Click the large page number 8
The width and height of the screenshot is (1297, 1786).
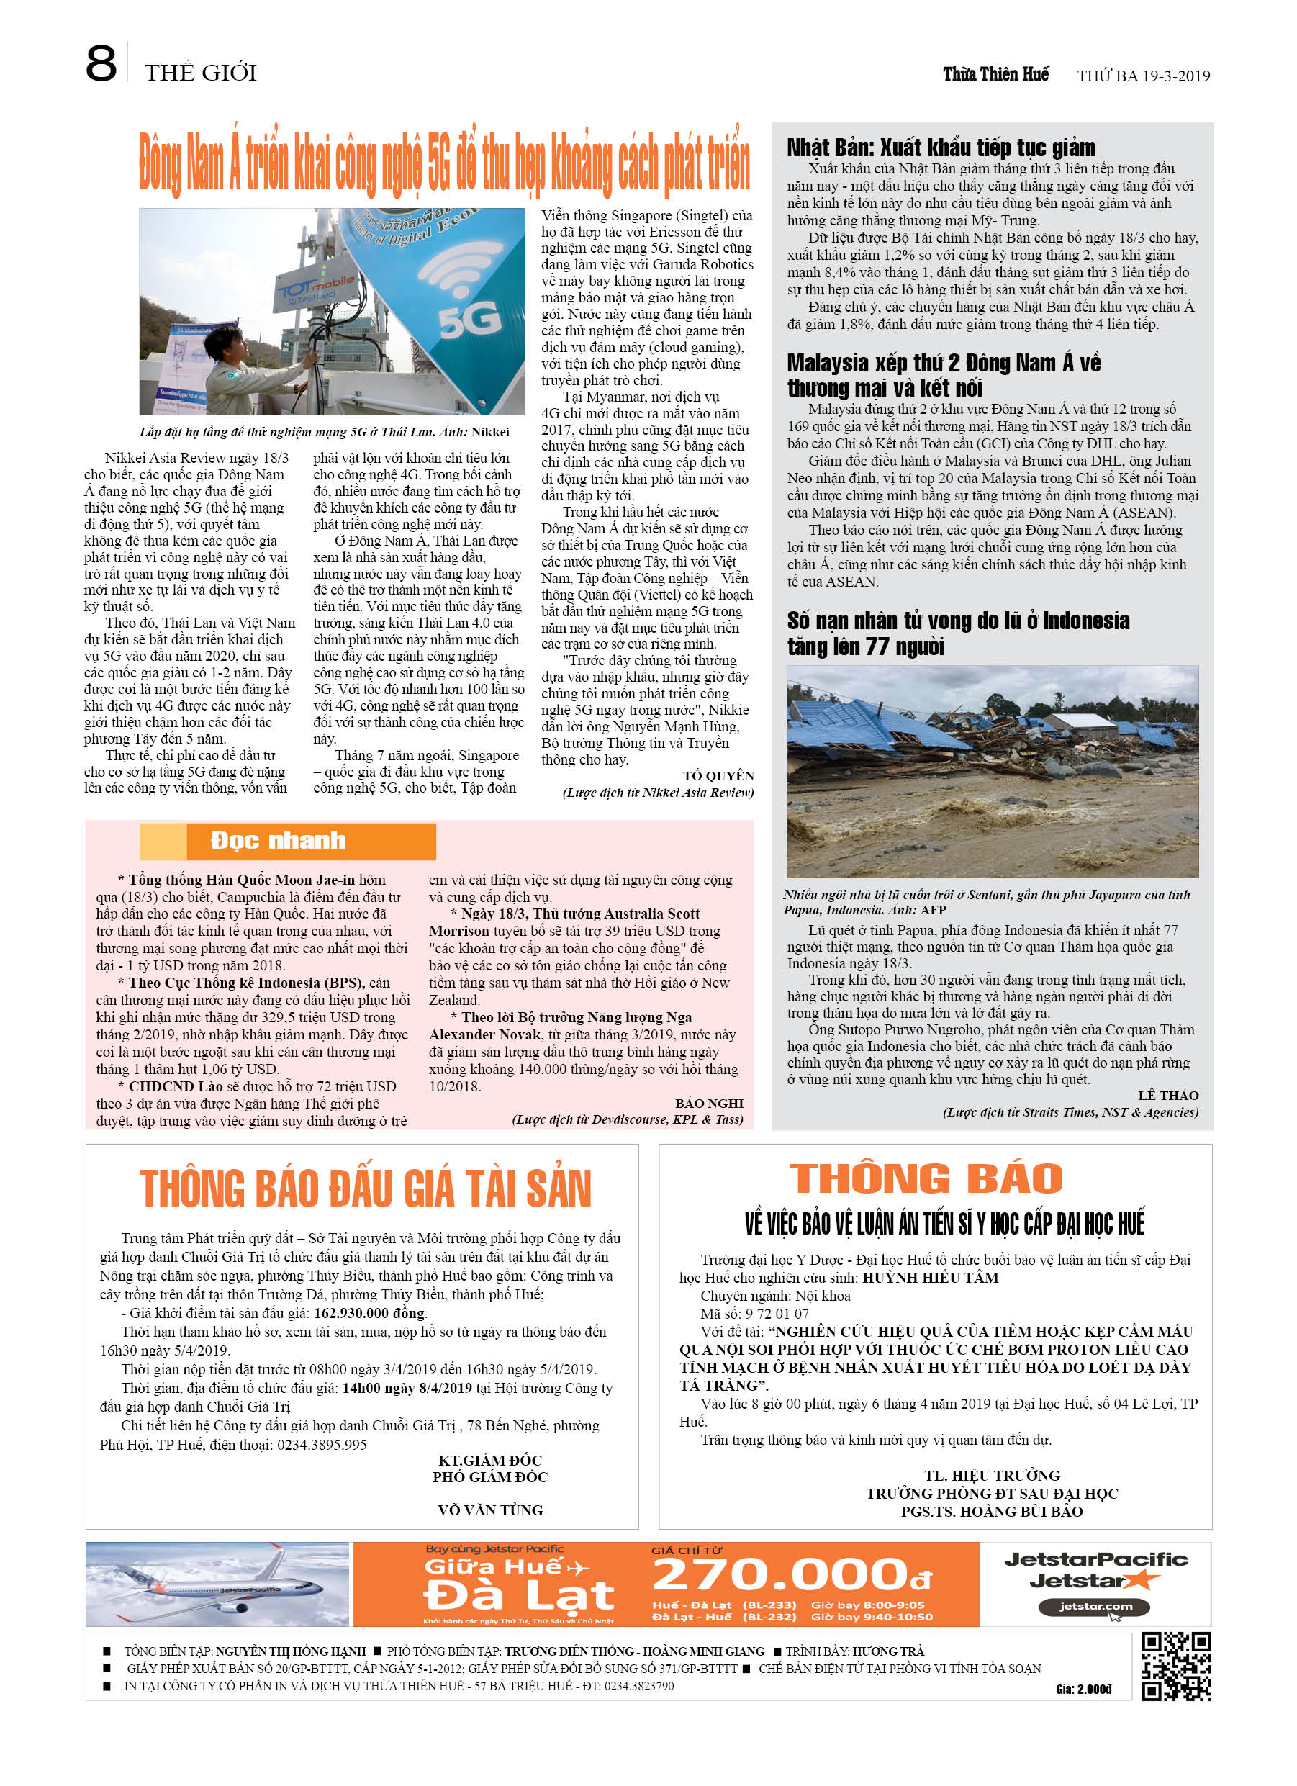pos(101,64)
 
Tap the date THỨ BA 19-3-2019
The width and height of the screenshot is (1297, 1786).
pos(1143,76)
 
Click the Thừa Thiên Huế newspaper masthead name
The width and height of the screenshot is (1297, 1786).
pos(995,75)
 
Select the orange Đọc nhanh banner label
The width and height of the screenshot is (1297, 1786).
pos(278,841)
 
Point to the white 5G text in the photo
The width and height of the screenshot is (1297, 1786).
pos(469,320)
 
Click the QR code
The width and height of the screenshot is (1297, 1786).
pos(1176,1667)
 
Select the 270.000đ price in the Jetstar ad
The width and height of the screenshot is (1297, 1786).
pos(792,1576)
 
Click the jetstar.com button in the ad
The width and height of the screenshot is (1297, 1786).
pos(1095,1607)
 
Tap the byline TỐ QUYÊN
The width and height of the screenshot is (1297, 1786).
pos(718,776)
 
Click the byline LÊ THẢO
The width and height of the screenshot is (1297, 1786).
pos(1168,1096)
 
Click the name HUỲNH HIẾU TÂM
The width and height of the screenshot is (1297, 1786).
pos(930,1277)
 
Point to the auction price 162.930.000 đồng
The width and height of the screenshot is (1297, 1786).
pos(369,1313)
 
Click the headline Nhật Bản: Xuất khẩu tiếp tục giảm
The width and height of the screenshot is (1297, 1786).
pos(940,148)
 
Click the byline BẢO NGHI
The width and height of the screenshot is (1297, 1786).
pos(709,1104)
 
